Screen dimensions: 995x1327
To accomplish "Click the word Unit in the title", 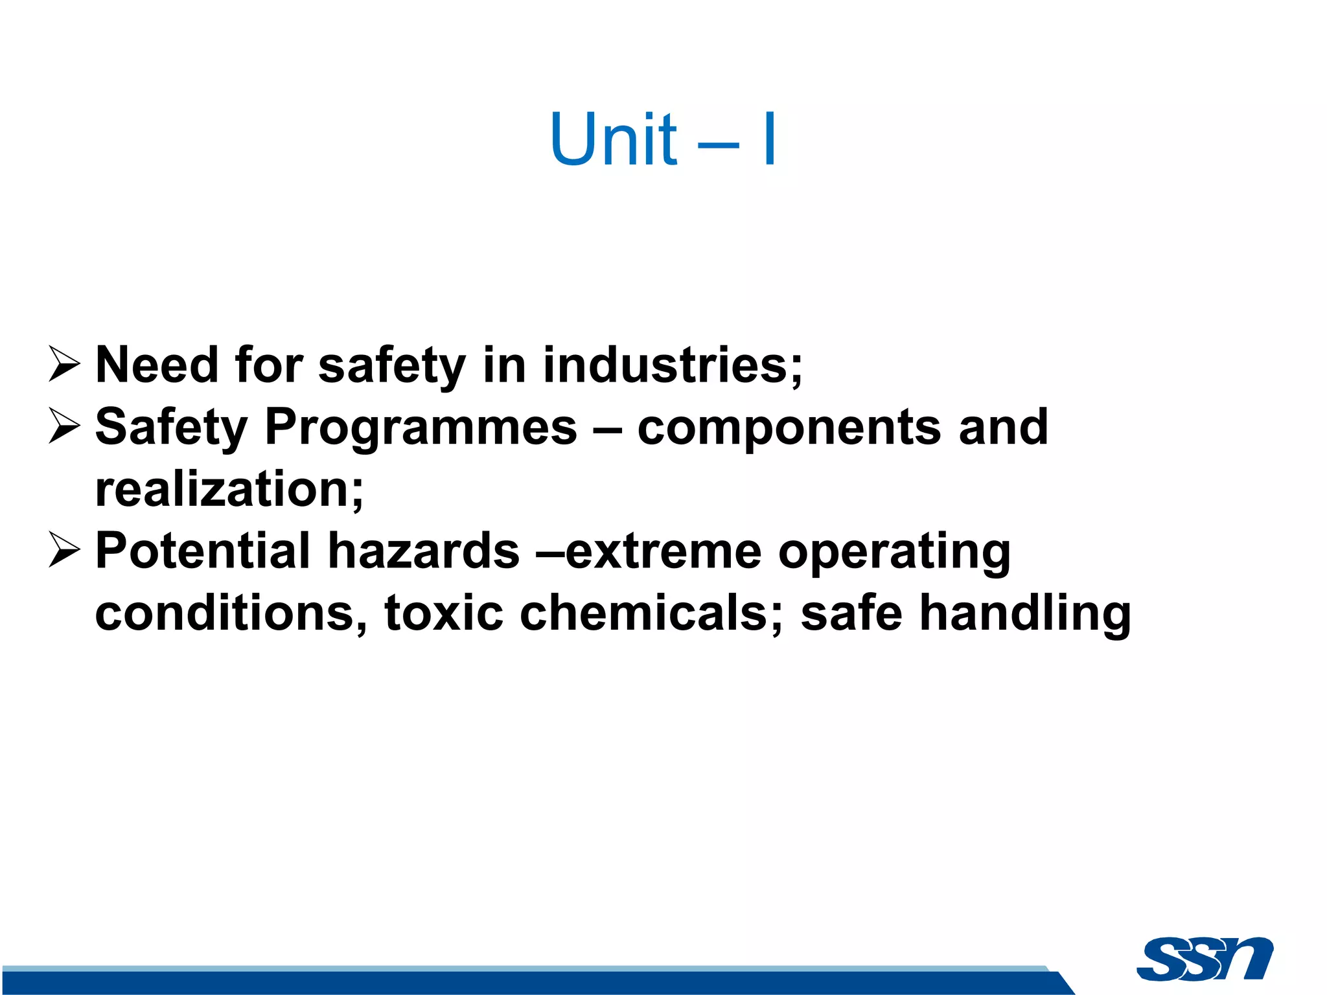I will [x=613, y=139].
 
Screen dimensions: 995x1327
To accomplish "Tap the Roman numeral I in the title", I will [x=769, y=139].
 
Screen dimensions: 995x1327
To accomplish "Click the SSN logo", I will [x=1205, y=959].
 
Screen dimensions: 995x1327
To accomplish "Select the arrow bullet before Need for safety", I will [x=64, y=364].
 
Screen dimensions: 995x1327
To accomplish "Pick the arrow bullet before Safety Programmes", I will [x=64, y=426].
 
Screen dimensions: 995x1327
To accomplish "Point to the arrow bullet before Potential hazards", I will [x=64, y=551].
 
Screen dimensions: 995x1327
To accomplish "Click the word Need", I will [x=156, y=365].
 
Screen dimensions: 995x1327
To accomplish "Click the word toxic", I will [x=444, y=613].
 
